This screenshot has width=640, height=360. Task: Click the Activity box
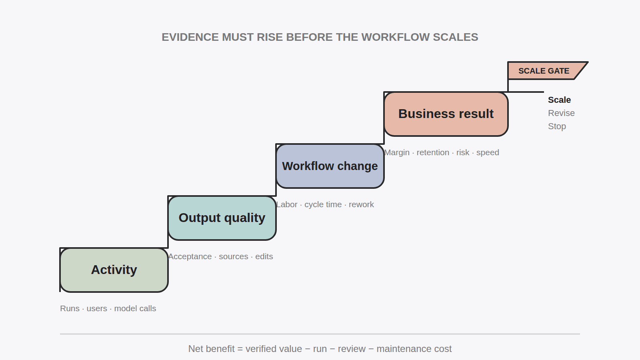(x=114, y=270)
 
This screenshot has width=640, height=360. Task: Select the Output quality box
(x=222, y=218)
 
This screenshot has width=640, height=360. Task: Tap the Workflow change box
(x=330, y=166)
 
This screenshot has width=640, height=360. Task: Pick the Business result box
(x=446, y=114)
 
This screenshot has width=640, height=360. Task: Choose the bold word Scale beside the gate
(x=560, y=100)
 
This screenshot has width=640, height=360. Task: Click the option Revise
(x=562, y=113)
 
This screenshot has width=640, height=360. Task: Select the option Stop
(x=557, y=126)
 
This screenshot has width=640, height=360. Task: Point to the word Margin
(x=397, y=152)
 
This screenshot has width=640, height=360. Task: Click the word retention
(x=433, y=152)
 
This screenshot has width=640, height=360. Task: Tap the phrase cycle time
(x=323, y=204)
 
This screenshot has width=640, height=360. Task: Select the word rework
(x=362, y=204)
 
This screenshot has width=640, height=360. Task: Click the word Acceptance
(x=190, y=256)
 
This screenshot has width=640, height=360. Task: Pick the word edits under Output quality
(x=264, y=256)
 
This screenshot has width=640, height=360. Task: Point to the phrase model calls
(x=135, y=308)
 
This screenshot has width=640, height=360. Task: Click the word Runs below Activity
(x=70, y=308)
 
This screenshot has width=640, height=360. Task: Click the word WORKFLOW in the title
(x=396, y=37)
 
